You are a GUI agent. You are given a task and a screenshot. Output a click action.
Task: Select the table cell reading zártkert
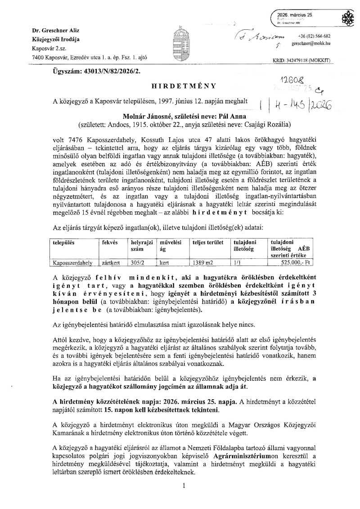tap(111, 261)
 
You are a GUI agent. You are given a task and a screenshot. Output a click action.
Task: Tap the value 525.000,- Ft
tap(294, 261)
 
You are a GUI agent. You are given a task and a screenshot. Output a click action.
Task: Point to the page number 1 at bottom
tap(184, 486)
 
